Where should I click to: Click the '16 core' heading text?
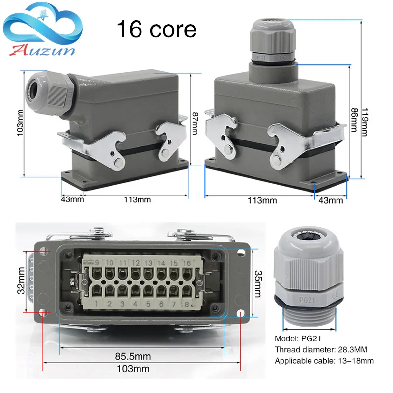[156, 29]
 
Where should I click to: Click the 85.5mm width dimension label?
[133, 356]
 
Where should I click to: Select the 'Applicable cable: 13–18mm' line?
[324, 361]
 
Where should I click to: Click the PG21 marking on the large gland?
[303, 298]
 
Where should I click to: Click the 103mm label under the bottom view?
[137, 368]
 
